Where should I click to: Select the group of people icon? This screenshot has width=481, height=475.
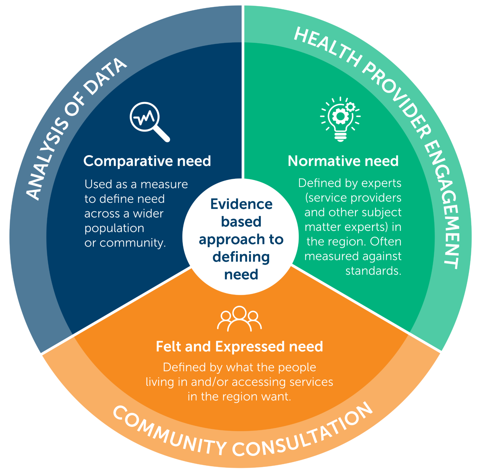[x=240, y=319]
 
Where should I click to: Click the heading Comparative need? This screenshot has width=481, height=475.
[x=147, y=161]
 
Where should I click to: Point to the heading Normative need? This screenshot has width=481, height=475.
[x=343, y=161]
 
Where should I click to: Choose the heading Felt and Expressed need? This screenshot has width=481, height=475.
[x=240, y=347]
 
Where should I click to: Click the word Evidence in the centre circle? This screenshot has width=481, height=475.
[x=241, y=204]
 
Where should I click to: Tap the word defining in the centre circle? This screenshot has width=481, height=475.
[x=241, y=257]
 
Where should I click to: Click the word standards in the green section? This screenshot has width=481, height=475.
[x=373, y=271]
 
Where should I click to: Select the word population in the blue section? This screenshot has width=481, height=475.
[x=114, y=228]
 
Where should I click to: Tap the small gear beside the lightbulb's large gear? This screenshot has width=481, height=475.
[x=350, y=107]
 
